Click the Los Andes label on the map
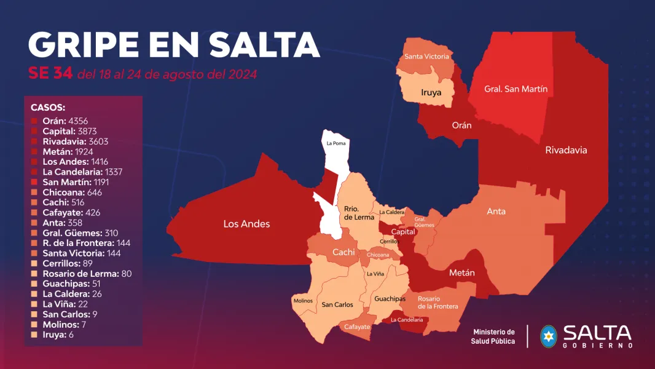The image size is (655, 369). point(246,224)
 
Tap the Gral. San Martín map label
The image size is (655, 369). point(516,89)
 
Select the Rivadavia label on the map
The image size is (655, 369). point(566,150)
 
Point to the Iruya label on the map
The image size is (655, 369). point(431,93)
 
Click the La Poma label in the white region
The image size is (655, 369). point(335,143)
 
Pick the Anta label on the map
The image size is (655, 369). point(496,212)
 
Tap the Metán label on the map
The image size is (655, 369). point(461,272)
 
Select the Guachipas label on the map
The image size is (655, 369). point(390,299)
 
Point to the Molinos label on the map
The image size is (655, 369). point(302,301)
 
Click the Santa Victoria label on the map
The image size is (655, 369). point(426,57)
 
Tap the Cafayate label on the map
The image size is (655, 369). point(357,327)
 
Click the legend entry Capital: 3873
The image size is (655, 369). point(69,131)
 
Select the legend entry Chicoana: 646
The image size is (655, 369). point(72,192)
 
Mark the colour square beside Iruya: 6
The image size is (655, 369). point(34,335)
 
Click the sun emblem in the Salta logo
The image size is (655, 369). point(548,336)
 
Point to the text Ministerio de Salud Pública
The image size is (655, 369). point(493,336)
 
